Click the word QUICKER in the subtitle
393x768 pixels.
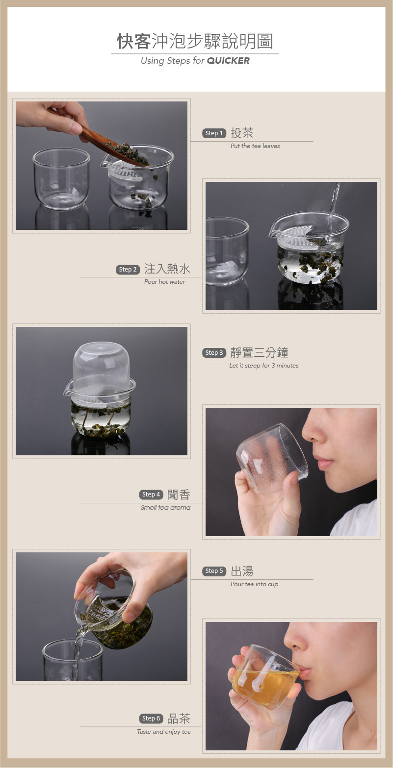tap(228, 61)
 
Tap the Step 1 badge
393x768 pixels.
tap(214, 133)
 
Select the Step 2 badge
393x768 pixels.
tap(128, 270)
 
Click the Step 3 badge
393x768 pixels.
tap(214, 353)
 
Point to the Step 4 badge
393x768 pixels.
tap(151, 495)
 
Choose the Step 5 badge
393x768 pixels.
tap(214, 571)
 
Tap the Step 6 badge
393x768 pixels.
tap(151, 718)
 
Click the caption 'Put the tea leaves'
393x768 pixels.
tap(255, 146)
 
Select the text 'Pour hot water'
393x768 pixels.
tap(164, 282)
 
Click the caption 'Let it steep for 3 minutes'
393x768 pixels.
tap(263, 366)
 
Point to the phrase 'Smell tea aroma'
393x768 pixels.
tap(165, 508)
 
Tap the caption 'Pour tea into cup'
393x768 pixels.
tap(254, 584)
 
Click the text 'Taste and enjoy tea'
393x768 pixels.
tap(163, 732)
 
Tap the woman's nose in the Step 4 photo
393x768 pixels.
tap(314, 431)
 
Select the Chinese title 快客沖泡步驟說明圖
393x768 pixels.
tap(195, 42)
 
